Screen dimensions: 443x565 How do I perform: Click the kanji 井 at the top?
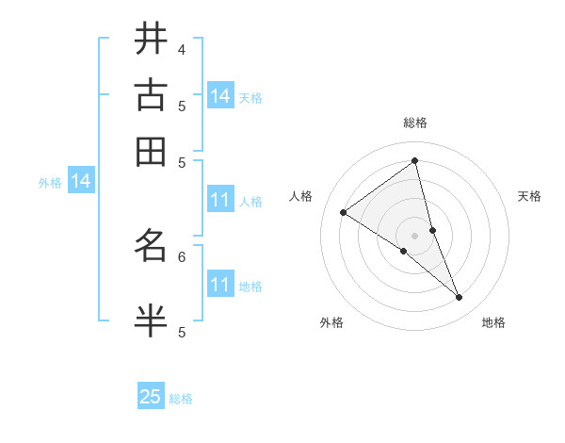[x=151, y=39]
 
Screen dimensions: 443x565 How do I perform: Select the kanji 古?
[x=151, y=95]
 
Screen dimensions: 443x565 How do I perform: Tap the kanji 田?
[x=151, y=152]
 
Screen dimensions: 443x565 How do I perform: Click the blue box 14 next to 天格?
[x=220, y=96]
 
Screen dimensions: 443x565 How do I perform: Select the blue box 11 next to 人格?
[x=220, y=200]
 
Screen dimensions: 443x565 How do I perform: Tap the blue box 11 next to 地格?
[x=220, y=285]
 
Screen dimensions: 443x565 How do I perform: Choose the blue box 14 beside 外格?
[x=81, y=181]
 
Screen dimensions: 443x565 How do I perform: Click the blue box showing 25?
[x=151, y=397]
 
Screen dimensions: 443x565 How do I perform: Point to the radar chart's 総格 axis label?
[x=415, y=123]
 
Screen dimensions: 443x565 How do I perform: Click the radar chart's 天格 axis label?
[x=530, y=196]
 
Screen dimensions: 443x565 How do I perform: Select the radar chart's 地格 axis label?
[x=493, y=322]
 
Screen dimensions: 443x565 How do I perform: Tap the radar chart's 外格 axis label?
[x=331, y=322]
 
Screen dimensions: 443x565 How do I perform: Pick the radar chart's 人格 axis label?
[x=301, y=196]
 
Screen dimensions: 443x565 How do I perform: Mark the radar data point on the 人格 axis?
[x=343, y=212]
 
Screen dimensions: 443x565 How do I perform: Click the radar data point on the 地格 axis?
[x=460, y=298]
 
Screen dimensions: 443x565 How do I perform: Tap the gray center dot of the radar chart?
[x=415, y=235]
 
